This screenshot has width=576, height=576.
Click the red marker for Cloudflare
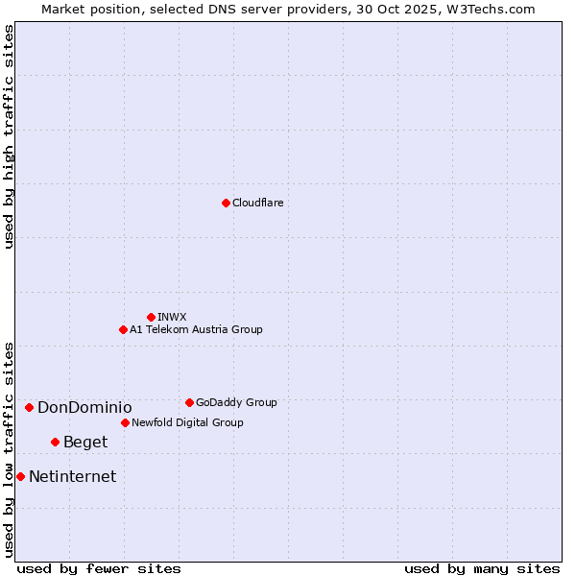coord(226,203)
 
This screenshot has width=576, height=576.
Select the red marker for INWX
coord(151,317)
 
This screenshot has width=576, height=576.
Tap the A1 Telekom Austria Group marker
coord(123,329)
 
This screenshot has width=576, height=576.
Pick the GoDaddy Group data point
coord(189,402)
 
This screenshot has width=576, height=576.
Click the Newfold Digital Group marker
coord(125,422)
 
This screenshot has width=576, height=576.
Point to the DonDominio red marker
coord(29,407)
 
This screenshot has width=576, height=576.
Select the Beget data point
coord(55,442)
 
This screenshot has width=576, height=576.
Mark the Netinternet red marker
coord(20,476)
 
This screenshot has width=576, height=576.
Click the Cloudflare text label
coord(258,203)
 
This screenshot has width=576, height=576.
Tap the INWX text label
coord(173,317)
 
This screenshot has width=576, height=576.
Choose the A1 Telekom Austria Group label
coord(196,329)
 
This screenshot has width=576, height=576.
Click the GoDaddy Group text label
coord(236,402)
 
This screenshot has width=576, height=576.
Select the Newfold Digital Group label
coord(187,422)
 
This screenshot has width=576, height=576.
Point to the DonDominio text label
coord(84,407)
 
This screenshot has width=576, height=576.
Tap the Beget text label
coord(85,442)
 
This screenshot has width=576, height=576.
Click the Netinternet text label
coord(72,476)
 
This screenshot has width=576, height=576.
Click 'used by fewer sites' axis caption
coord(99,568)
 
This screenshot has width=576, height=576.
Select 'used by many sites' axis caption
coord(482,568)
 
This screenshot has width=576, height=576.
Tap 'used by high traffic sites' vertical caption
coord(9,136)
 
